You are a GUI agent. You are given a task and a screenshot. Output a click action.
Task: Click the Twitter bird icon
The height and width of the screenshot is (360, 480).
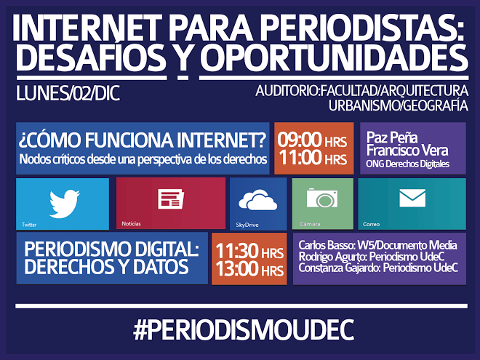tap(65, 204)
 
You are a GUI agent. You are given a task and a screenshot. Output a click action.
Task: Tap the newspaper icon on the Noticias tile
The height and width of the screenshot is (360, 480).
tap(171, 199)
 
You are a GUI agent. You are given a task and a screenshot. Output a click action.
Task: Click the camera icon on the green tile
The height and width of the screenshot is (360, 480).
tap(322, 198)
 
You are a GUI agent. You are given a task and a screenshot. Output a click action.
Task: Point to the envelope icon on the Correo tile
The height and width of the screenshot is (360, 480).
tap(412, 198)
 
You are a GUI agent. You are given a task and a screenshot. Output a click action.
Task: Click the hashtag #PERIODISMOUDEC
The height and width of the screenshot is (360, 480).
tap(244, 329)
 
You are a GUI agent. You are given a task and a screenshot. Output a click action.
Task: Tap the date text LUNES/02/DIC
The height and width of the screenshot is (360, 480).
tap(68, 93)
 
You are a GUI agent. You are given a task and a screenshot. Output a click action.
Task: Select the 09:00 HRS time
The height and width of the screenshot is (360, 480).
tap(312, 140)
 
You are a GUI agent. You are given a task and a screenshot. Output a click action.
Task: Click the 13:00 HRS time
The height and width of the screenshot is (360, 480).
tap(249, 269)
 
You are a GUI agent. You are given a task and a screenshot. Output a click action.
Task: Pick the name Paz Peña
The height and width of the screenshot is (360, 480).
tap(392, 137)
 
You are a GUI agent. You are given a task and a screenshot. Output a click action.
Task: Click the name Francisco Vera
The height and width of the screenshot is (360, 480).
tap(407, 151)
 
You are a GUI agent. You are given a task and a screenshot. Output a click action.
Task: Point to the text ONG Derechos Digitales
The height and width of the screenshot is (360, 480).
tap(407, 164)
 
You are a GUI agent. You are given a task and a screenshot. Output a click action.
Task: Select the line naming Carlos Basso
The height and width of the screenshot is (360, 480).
tap(377, 245)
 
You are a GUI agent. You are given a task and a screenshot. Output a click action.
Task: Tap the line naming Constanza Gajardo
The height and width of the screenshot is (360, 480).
tap(378, 268)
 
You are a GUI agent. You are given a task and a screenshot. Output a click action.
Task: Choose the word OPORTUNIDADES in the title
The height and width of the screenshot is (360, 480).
tap(334, 58)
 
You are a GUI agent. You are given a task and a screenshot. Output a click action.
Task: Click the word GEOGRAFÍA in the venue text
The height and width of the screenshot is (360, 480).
tap(436, 105)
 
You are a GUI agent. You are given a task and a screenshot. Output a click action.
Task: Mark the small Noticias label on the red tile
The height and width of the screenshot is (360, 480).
tap(132, 224)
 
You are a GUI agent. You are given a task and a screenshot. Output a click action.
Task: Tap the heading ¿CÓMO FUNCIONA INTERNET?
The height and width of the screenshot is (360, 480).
tap(143, 140)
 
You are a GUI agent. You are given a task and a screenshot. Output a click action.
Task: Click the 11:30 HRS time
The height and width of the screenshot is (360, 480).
tap(249, 252)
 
